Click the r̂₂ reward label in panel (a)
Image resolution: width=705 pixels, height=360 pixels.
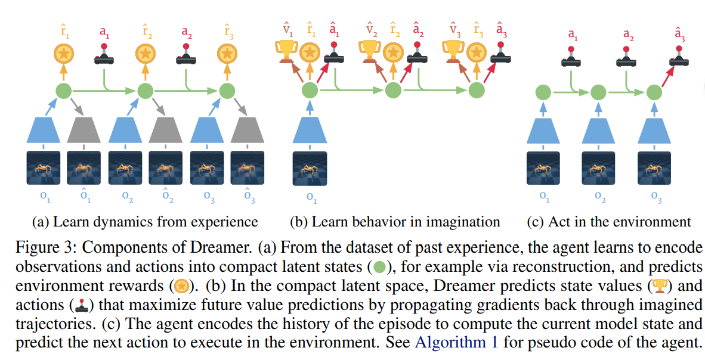pyautogui.click(x=145, y=32)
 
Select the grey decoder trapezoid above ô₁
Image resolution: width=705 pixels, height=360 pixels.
pyautogui.click(x=84, y=129)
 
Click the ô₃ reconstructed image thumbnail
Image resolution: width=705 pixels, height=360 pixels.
pyautogui.click(x=248, y=167)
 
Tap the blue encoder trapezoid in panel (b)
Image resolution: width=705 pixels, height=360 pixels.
pyautogui.click(x=310, y=129)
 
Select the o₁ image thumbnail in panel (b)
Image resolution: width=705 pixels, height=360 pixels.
pyautogui.click(x=310, y=168)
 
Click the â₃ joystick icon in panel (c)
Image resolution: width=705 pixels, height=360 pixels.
pyautogui.click(x=679, y=56)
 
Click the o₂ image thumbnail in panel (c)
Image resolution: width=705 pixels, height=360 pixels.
pyautogui.click(x=598, y=167)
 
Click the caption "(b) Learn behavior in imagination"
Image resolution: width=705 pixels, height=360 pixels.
pyautogui.click(x=395, y=222)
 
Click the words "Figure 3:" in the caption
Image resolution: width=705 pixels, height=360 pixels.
pyautogui.click(x=43, y=247)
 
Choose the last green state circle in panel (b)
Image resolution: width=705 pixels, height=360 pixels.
pyautogui.click(x=477, y=91)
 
